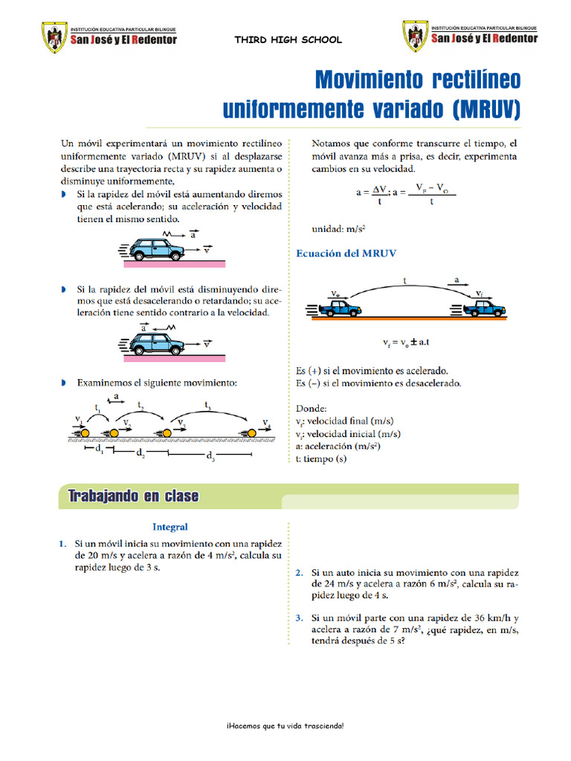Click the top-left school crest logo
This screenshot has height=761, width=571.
click(53, 36)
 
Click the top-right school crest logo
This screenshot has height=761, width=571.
click(416, 36)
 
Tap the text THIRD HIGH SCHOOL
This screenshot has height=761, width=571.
click(288, 40)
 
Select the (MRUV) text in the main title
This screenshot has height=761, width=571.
click(485, 111)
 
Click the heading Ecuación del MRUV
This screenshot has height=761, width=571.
click(346, 253)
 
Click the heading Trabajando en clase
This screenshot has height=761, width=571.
click(133, 496)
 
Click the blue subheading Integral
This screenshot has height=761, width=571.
click(170, 527)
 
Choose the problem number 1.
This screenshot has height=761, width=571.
click(62, 544)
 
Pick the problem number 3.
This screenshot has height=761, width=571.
click(299, 618)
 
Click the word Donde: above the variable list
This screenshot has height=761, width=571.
click(311, 409)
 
